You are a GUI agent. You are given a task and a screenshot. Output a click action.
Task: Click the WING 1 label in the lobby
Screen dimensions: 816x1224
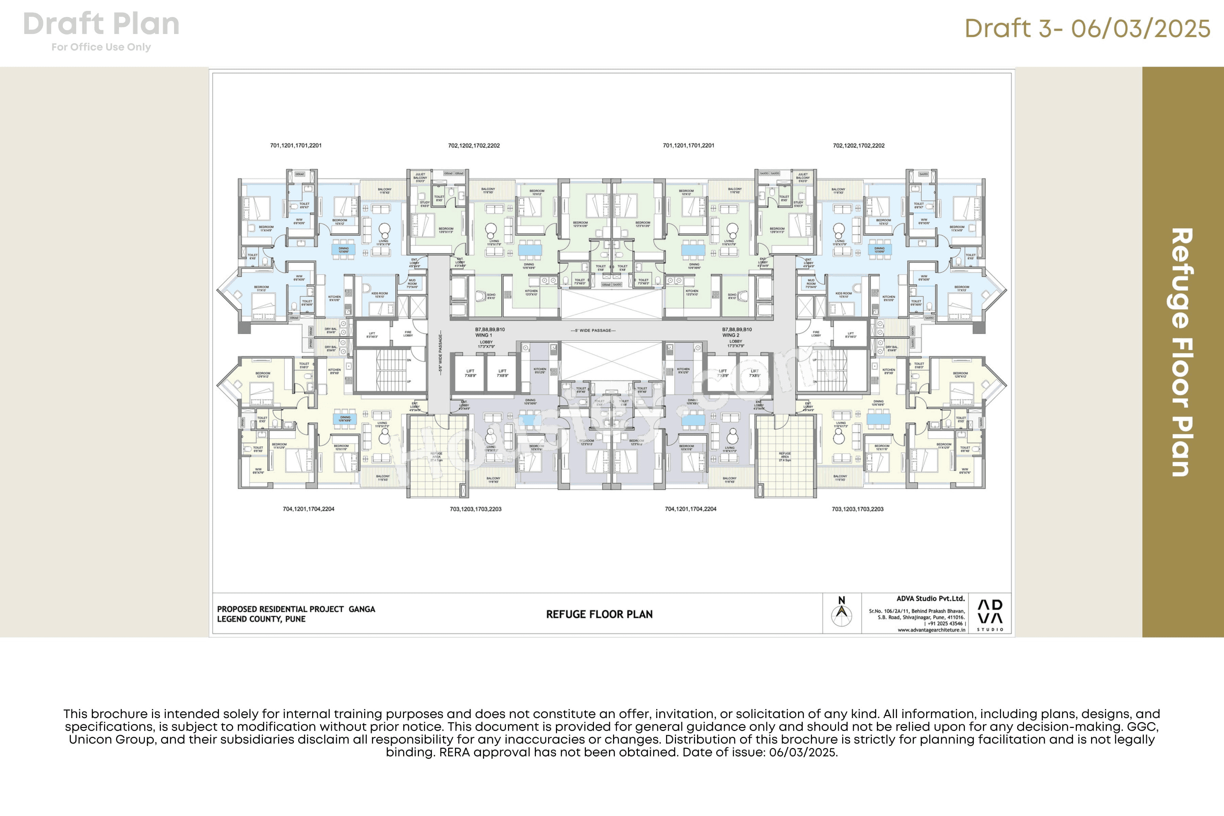click(x=483, y=335)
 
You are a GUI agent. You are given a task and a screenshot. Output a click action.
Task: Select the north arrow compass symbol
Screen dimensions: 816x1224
click(x=842, y=614)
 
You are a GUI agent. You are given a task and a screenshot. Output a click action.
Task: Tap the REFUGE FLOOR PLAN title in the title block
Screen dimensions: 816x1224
click(x=599, y=614)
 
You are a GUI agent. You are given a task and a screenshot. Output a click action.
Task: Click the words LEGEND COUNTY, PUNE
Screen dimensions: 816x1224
click(x=261, y=619)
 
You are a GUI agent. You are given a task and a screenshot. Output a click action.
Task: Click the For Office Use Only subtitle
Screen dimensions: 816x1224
click(x=101, y=47)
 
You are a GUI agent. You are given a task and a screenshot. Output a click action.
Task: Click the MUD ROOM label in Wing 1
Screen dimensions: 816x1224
click(x=412, y=284)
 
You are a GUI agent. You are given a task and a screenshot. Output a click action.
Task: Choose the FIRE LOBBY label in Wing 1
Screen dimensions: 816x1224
click(x=408, y=334)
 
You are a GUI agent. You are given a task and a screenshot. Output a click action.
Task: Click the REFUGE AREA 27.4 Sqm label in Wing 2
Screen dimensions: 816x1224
click(x=785, y=456)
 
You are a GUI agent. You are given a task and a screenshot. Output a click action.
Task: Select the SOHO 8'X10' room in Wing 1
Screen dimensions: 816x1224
click(x=491, y=296)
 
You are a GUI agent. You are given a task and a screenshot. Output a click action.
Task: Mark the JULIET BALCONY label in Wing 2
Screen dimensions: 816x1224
click(x=803, y=177)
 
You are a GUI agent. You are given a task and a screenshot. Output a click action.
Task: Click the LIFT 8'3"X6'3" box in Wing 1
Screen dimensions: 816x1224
click(x=372, y=335)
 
